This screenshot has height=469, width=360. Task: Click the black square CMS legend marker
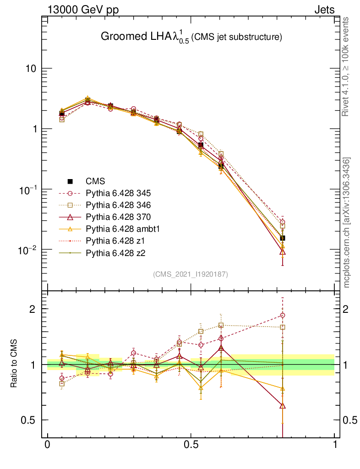71,181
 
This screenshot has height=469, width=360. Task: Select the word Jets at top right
324,10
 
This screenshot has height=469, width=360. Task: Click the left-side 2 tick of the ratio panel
32,309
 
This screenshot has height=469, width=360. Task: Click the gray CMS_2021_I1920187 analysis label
191,274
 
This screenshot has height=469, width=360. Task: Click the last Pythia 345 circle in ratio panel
283,315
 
